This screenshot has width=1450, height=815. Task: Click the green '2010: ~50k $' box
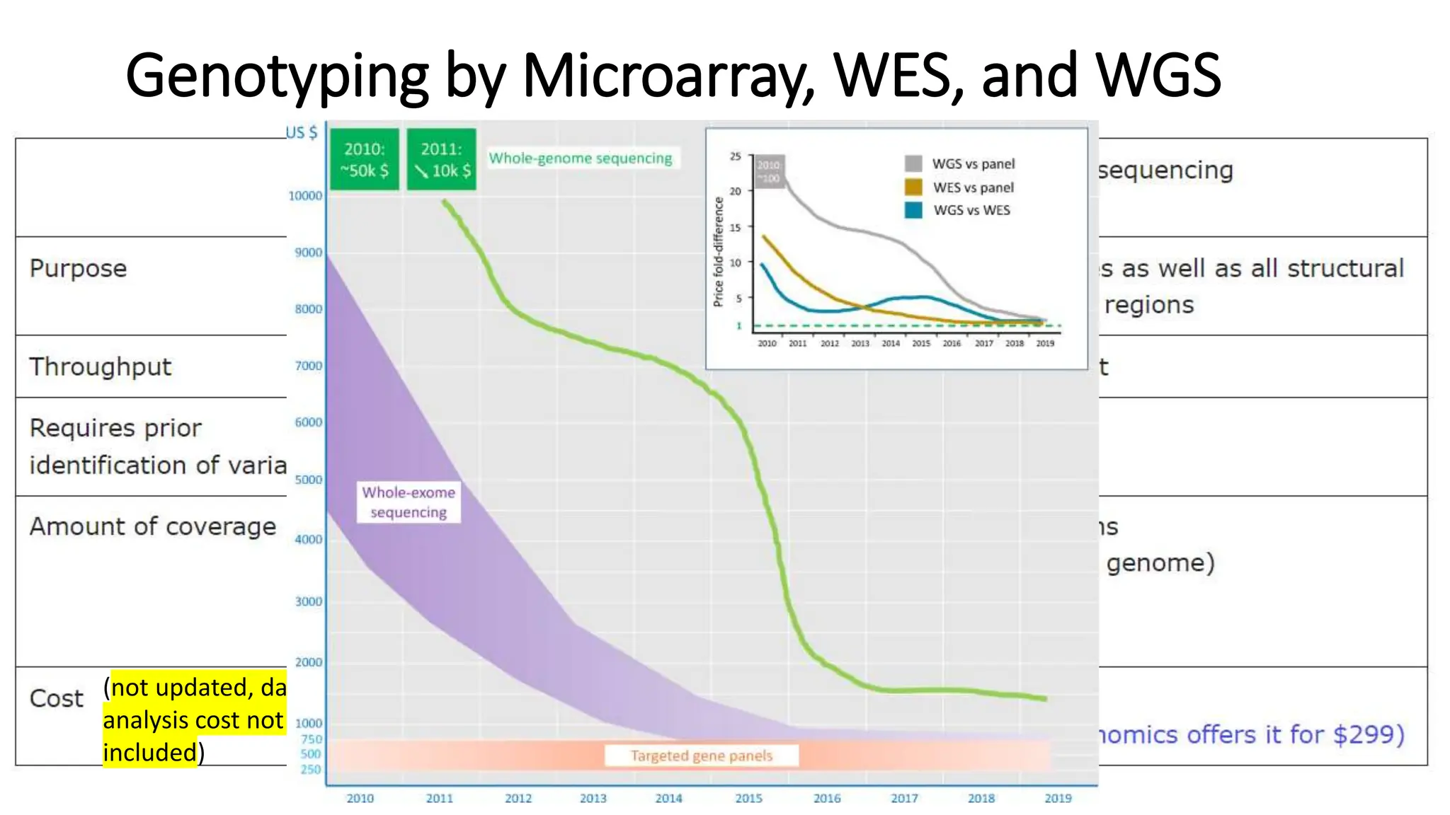364,159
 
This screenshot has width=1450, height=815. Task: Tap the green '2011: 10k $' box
441,159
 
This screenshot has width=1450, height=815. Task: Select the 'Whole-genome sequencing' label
581,158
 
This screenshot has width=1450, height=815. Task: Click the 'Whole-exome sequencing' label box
409,502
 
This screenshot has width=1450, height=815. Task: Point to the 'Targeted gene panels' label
701,756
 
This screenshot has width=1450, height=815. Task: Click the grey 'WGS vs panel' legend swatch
913,163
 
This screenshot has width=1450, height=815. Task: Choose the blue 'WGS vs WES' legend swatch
913,210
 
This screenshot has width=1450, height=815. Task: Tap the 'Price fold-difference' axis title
718,252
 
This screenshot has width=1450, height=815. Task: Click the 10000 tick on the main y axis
305,196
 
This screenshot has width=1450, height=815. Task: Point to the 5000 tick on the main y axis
308,480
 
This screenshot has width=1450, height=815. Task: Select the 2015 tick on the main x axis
748,798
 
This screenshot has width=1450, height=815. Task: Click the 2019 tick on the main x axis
1058,798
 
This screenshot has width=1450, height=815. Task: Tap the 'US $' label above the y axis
302,132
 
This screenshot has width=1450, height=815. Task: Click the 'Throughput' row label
100,366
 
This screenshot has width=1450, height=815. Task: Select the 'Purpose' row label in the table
78,268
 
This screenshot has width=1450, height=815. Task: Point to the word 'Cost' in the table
56,698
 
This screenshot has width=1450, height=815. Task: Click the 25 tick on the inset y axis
735,156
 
